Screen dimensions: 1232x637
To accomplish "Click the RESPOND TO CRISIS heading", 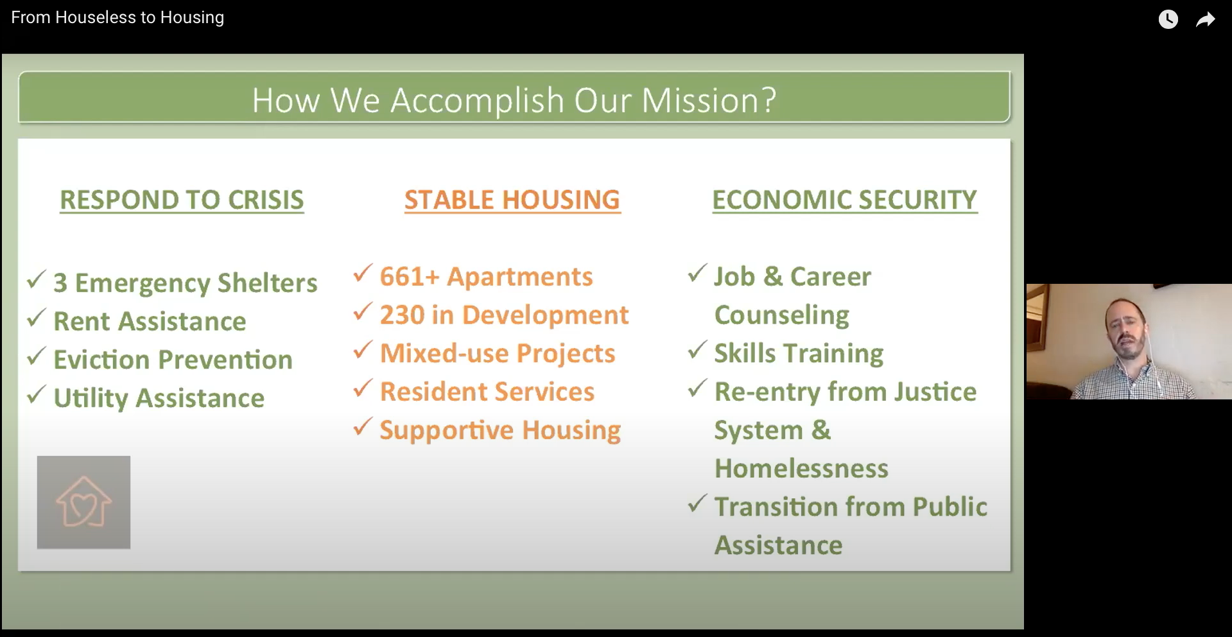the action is pos(182,200).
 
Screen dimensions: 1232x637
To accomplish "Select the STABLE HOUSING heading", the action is pos(512,200).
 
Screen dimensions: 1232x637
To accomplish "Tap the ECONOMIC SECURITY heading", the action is pos(845,200).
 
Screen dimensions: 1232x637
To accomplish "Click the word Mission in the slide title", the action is pos(709,100).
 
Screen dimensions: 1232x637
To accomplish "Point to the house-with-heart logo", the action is pos(83,502).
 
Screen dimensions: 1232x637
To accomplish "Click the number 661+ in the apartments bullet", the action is pos(410,277).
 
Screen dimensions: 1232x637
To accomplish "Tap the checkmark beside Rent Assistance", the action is pos(36,318).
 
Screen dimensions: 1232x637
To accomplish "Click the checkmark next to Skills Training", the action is pos(697,350).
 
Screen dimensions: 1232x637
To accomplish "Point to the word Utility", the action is pos(91,399).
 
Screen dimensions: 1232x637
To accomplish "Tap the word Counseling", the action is pos(782,316).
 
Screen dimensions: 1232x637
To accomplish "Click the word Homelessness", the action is pos(801,469).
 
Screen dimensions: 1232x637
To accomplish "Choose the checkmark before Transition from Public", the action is pos(697,503).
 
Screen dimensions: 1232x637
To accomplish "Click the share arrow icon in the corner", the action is pos(1206,19).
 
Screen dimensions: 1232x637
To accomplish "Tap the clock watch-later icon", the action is pos(1168,19).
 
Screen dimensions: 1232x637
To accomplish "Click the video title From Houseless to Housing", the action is pos(117,17).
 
